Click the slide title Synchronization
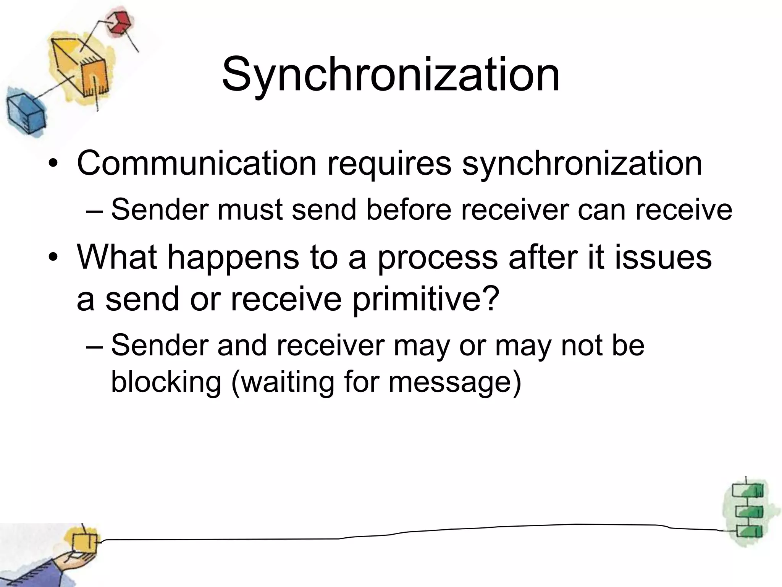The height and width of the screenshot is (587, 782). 390,75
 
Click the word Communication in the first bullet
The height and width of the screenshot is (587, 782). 197,164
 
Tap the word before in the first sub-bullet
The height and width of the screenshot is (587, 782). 409,210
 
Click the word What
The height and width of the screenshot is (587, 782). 117,257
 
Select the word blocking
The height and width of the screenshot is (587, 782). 166,383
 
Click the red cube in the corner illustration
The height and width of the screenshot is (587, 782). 119,22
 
